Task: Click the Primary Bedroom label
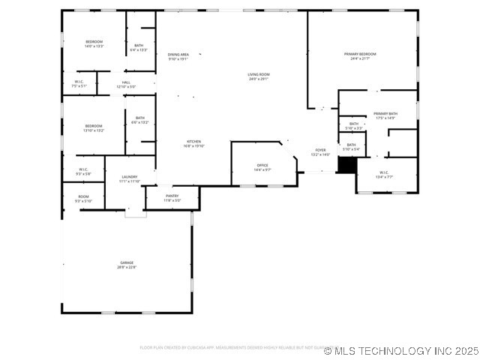click(360, 54)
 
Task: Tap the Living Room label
click(259, 74)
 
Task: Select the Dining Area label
click(178, 55)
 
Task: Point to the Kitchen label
click(193, 141)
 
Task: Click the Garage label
click(126, 262)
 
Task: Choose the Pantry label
click(172, 196)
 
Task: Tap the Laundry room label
click(130, 177)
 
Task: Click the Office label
click(262, 165)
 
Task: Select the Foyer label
click(320, 150)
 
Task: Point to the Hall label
click(126, 82)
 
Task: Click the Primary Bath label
click(385, 113)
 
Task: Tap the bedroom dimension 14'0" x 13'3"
click(94, 46)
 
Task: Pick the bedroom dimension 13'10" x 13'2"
click(94, 130)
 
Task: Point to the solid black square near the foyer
click(346, 165)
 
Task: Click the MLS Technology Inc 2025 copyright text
click(401, 350)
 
